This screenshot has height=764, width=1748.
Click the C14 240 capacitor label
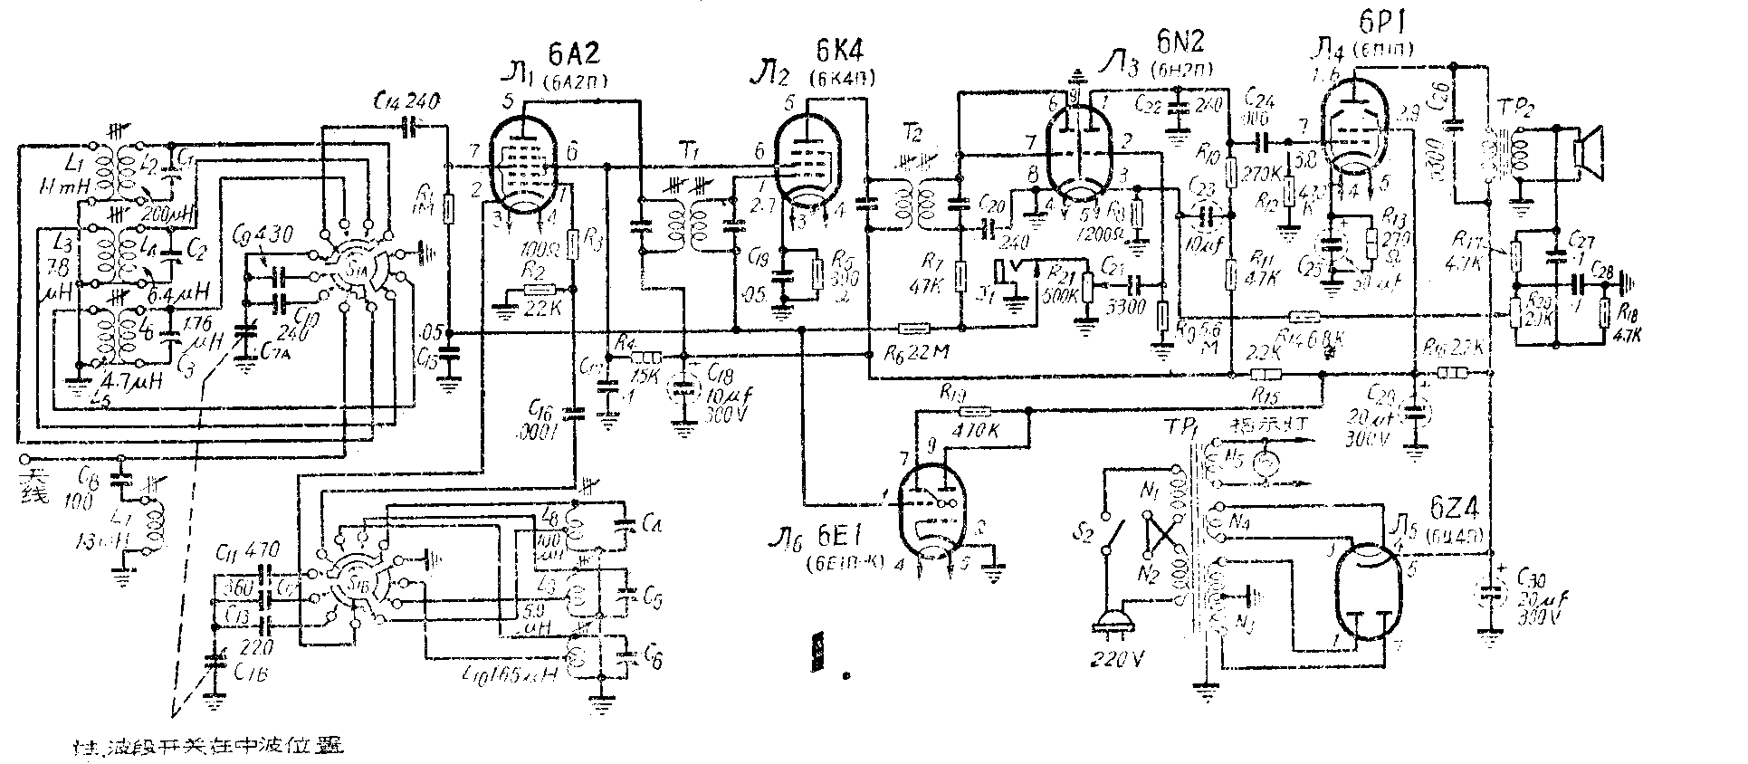[407, 102]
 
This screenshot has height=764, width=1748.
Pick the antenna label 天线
[38, 483]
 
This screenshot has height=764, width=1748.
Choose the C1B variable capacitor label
[243, 669]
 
